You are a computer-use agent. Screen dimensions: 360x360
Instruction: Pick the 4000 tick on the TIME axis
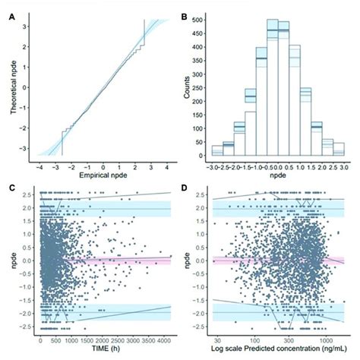tap(163, 342)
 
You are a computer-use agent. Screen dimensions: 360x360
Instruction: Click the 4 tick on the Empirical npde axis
tap(165, 166)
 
